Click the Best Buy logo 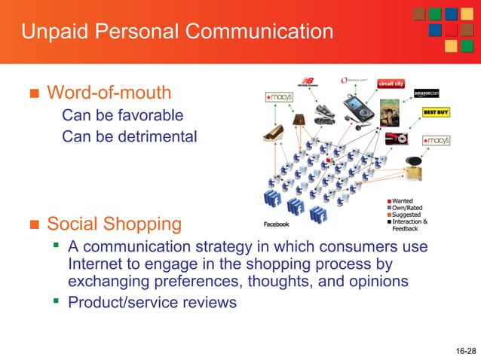pos(436,112)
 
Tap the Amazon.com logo pos(426,93)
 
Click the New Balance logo pos(308,83)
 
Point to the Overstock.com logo pos(354,80)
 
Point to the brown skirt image pos(299,117)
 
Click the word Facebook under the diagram pos(275,224)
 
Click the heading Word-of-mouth pos(109,93)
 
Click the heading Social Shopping pos(114,224)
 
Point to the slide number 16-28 pos(466,351)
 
